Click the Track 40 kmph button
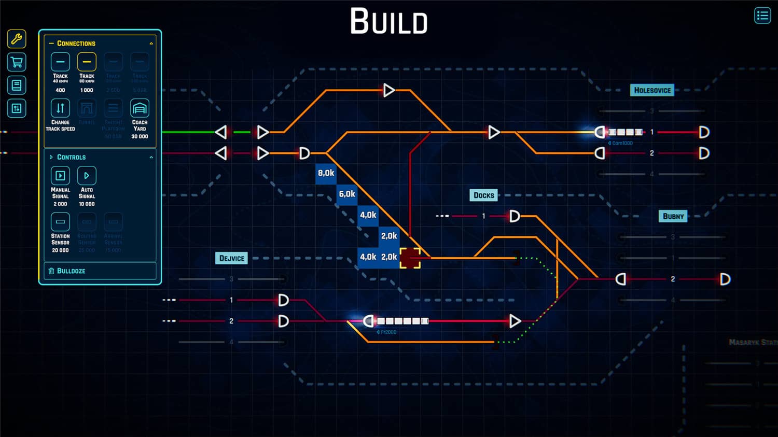[x=60, y=62]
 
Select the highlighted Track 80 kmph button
[x=87, y=62]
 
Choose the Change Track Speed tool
[x=60, y=108]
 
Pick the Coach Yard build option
[x=140, y=108]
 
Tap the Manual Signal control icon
[x=60, y=176]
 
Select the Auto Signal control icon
[x=87, y=176]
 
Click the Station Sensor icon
[x=60, y=222]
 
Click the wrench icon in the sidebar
[x=17, y=39]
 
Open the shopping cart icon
[x=17, y=62]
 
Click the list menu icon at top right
[x=762, y=16]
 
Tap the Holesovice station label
[x=652, y=90]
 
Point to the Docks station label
[x=483, y=195]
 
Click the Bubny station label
[x=673, y=216]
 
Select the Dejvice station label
[x=231, y=258]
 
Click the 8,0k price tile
[x=326, y=173]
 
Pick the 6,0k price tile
[x=347, y=194]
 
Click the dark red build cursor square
[x=410, y=258]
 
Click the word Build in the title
[x=388, y=22]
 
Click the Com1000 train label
[x=622, y=143]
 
